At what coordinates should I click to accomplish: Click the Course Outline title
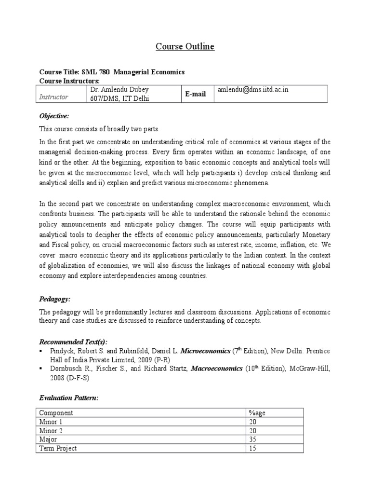pyautogui.click(x=185, y=47)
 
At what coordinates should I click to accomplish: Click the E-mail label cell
pyautogui.click(x=196, y=94)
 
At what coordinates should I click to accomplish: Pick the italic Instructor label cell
pyautogui.click(x=53, y=97)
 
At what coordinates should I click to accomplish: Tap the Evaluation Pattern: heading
pyautogui.click(x=68, y=398)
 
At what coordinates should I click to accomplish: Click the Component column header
pyautogui.click(x=56, y=413)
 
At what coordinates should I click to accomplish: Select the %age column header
pyautogui.click(x=255, y=413)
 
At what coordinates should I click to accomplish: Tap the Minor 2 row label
pyautogui.click(x=52, y=431)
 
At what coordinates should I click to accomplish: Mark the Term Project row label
pyautogui.click(x=58, y=448)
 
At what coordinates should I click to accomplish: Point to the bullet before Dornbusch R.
pyautogui.click(x=41, y=369)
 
